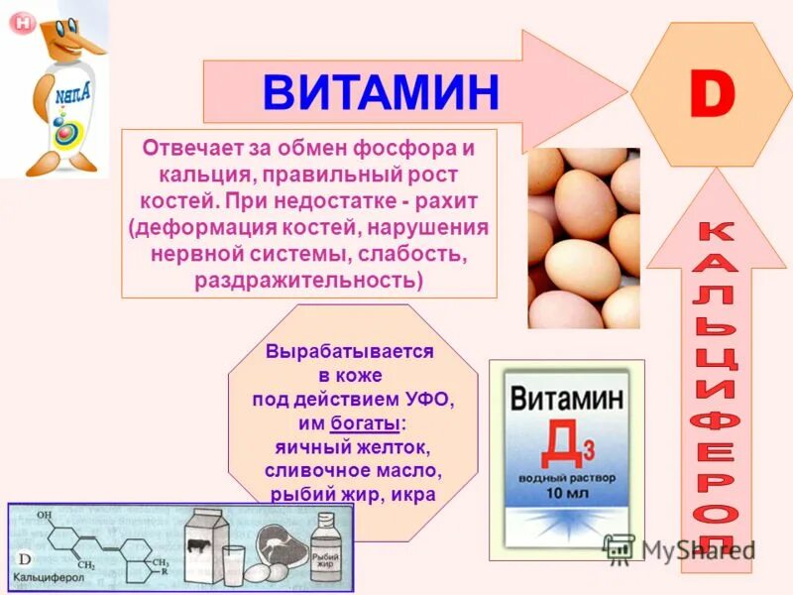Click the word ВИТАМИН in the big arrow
pyautogui.click(x=382, y=92)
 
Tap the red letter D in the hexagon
pyautogui.click(x=712, y=95)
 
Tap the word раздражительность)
pyautogui.click(x=308, y=280)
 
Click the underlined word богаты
pyautogui.click(x=365, y=423)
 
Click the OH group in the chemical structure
pyautogui.click(x=45, y=516)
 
